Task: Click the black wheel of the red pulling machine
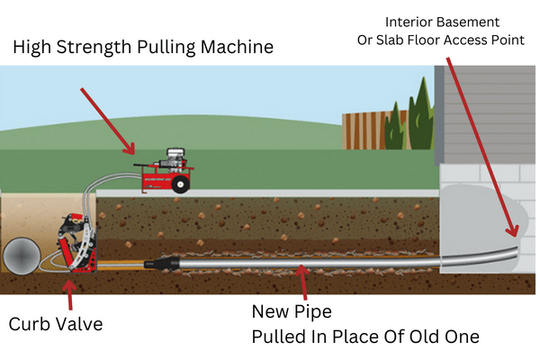(180, 184)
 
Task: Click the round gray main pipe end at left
(20, 256)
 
